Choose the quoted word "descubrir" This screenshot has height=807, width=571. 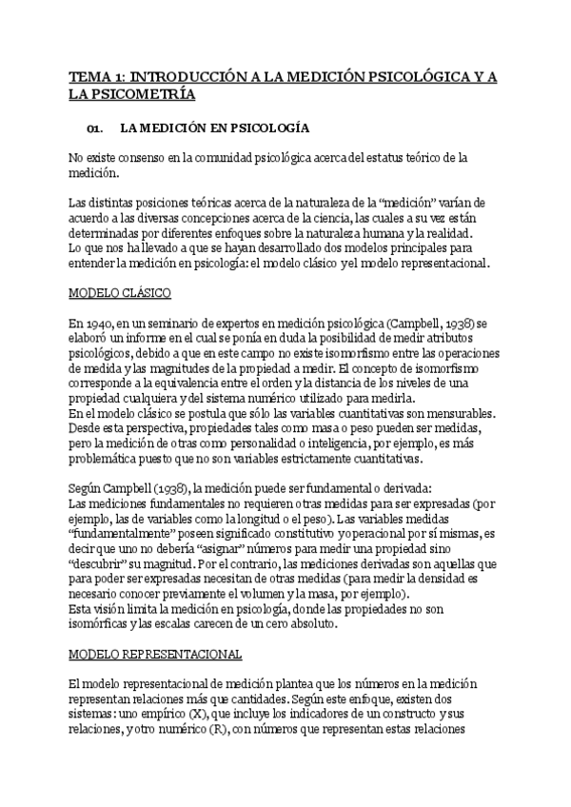(x=100, y=566)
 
